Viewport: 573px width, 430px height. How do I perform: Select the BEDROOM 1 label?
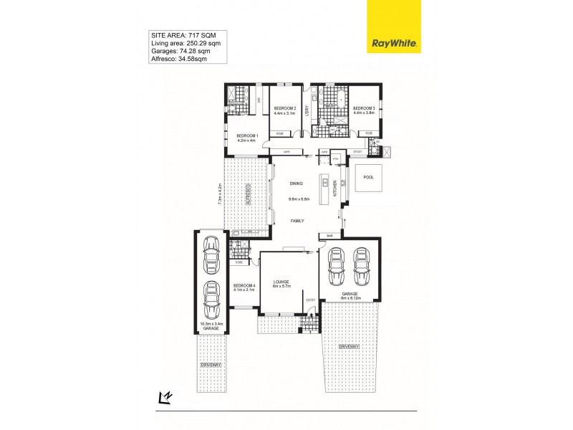pos(246,135)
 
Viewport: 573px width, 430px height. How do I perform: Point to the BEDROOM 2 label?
pos(285,108)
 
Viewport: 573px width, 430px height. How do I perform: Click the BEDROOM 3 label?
pos(363,108)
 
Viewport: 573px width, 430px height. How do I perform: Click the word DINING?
pos(297,184)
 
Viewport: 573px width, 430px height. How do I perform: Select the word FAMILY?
pos(297,221)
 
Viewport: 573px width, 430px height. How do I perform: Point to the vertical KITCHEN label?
pos(335,189)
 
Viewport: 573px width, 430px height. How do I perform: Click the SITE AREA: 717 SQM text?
pos(179,34)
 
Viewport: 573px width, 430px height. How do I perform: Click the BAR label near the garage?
pos(330,235)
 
